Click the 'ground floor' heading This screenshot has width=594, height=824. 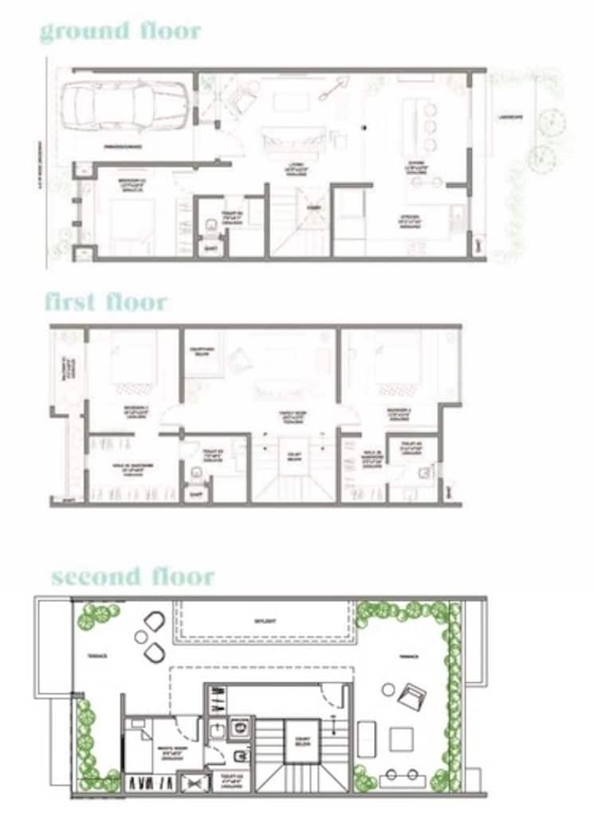[x=120, y=32]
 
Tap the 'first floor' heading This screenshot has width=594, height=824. [x=105, y=302]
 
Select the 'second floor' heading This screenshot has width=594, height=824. [x=132, y=576]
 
